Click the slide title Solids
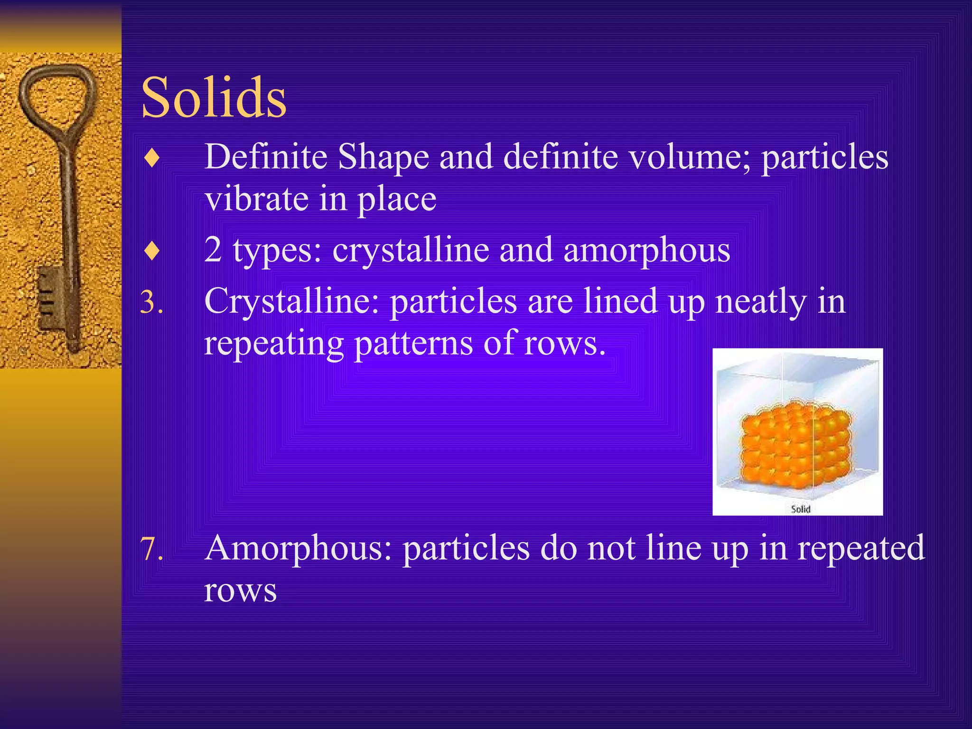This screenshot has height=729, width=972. click(214, 98)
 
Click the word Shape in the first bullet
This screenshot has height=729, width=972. click(383, 157)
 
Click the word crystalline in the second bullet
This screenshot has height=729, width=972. click(411, 250)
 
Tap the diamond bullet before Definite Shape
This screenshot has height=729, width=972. click(152, 159)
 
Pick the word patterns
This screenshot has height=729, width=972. click(413, 343)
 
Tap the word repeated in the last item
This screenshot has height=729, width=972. click(860, 548)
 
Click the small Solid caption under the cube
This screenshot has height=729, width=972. click(800, 509)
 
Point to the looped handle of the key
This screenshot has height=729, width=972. click(57, 97)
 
